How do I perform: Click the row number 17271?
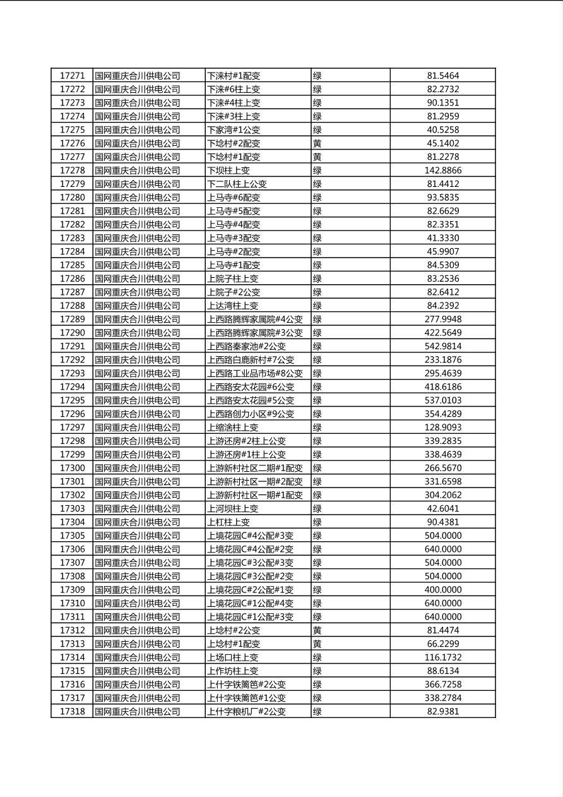tap(72, 76)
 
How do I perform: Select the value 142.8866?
tap(442, 171)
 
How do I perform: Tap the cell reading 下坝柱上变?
tap(228, 171)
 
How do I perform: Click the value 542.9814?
tap(442, 346)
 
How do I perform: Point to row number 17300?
tap(72, 468)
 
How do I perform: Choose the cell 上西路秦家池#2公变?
tap(246, 346)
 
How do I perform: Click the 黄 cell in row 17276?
tap(317, 143)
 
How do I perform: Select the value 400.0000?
tap(442, 590)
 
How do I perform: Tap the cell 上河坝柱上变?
tap(232, 508)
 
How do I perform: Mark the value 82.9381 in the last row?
tap(442, 712)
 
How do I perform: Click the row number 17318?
tap(72, 712)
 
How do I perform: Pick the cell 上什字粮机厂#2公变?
tap(246, 712)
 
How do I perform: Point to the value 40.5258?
tap(442, 130)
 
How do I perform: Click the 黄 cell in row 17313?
tap(317, 644)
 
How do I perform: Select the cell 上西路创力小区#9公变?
tap(251, 414)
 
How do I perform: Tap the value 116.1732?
tap(442, 657)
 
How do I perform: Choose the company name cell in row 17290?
tap(138, 333)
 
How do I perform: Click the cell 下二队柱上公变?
tap(237, 184)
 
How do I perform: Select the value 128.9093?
tap(442, 428)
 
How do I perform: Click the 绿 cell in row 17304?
tap(317, 522)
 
